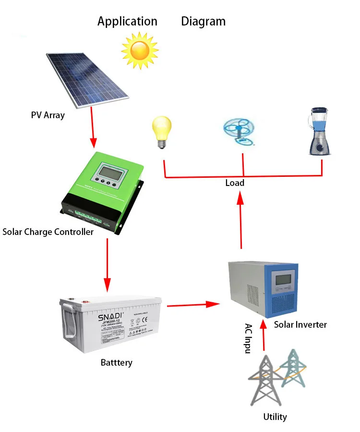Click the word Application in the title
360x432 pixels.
click(x=127, y=21)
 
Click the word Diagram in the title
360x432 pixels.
click(x=203, y=21)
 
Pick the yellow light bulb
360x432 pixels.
click(x=162, y=131)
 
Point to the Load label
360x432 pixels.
click(x=235, y=183)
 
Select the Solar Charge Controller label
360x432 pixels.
click(x=48, y=232)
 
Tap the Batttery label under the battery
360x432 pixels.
click(x=116, y=362)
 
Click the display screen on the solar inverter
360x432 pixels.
click(x=282, y=280)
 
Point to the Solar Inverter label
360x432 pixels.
click(x=300, y=324)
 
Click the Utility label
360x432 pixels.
click(x=275, y=417)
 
